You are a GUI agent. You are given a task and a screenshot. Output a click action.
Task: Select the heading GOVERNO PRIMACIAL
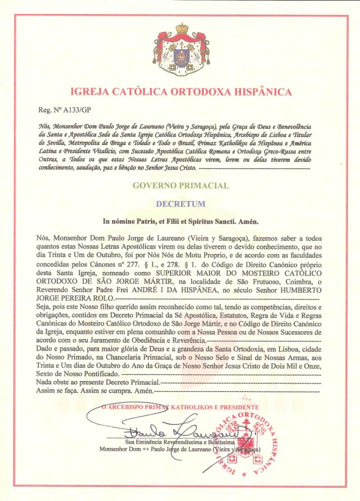[180, 185]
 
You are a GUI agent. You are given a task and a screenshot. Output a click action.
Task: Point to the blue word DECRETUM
[180, 204]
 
